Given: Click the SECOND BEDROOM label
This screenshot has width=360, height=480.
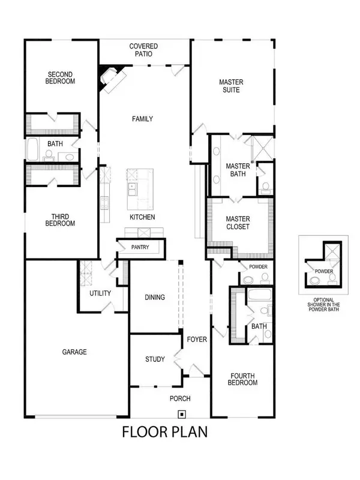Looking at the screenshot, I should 61,78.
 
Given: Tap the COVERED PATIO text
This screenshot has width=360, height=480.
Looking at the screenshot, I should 144,50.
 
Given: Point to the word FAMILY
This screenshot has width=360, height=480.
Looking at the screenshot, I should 142,119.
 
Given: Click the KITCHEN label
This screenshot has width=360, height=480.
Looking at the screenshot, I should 142,217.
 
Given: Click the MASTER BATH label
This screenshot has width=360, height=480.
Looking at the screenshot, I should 238,170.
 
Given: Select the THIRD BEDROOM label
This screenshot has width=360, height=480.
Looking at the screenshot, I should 61,220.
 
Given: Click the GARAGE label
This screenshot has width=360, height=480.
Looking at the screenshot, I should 75,352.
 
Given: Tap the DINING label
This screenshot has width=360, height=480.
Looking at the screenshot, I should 155,297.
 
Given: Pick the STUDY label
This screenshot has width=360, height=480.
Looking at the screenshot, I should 155,359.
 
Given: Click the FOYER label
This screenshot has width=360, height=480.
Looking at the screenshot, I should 196,340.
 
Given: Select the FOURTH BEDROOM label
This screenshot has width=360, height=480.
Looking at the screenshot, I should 244,379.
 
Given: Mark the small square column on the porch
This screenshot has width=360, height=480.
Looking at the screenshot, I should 181,413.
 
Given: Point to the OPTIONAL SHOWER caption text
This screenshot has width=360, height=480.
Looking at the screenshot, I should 323,305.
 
